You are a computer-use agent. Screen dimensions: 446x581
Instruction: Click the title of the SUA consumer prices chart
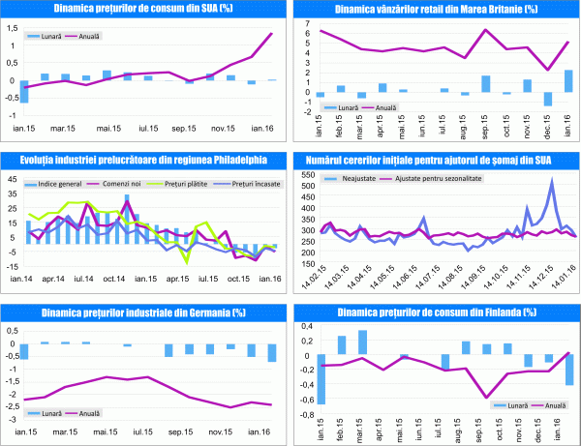(x=143, y=9)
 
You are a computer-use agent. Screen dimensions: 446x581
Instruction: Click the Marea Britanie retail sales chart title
(x=437, y=9)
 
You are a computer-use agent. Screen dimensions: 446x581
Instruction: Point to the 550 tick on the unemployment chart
(x=308, y=172)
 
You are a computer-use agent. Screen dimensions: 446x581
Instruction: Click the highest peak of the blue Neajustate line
(x=552, y=180)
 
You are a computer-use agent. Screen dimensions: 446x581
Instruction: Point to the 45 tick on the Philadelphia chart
(x=11, y=179)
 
